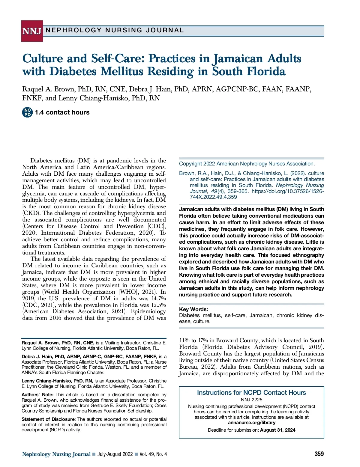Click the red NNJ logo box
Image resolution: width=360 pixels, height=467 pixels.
(x=32, y=31)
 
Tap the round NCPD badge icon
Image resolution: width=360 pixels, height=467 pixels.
(x=27, y=112)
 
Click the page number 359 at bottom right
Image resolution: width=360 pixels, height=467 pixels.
(x=319, y=454)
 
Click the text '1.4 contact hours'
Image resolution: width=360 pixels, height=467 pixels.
(x=62, y=112)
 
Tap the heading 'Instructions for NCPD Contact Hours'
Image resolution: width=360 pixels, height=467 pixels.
(x=251, y=393)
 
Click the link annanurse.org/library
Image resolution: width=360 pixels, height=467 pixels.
(x=251, y=423)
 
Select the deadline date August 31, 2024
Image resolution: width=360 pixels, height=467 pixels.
(x=277, y=430)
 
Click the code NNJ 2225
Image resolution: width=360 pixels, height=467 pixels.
(x=251, y=400)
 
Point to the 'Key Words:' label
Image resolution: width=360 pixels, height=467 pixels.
(x=193, y=309)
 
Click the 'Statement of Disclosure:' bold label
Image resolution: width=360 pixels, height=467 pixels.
(x=49, y=419)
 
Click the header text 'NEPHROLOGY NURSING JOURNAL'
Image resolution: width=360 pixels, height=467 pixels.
(x=115, y=30)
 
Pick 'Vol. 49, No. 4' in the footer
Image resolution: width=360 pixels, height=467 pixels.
(x=153, y=454)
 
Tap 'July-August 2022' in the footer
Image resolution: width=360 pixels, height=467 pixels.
(x=115, y=454)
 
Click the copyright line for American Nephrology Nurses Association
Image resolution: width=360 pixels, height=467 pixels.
(x=247, y=164)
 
